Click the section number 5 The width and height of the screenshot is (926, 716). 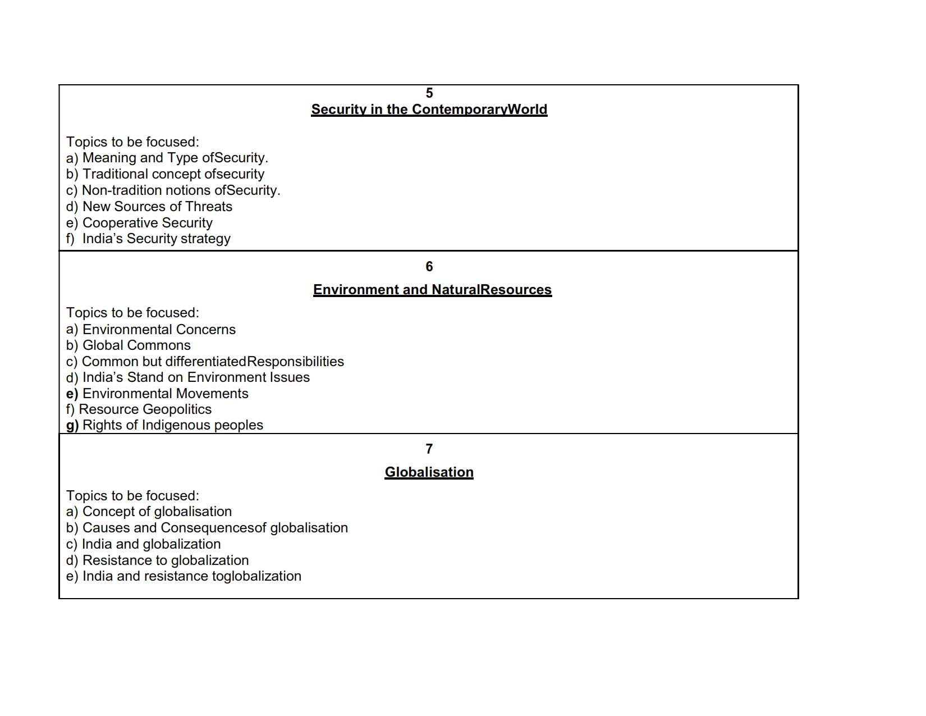click(x=429, y=93)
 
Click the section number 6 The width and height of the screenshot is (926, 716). click(x=429, y=267)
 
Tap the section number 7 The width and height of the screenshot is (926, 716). click(x=429, y=449)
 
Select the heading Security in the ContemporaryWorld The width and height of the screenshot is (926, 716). click(x=429, y=110)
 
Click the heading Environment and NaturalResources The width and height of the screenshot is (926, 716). click(x=432, y=290)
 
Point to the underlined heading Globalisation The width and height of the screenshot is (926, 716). click(x=429, y=472)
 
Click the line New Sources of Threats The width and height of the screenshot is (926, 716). click(x=149, y=207)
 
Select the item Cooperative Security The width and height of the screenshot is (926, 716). click(x=139, y=222)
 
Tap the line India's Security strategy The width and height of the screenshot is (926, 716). click(x=148, y=238)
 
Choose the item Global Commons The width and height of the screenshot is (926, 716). click(x=129, y=345)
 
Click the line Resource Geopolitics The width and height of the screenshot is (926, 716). click(x=139, y=409)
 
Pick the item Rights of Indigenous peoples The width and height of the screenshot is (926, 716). click(x=164, y=425)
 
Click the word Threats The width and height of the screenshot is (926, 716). click(x=209, y=207)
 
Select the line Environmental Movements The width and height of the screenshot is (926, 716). click(x=157, y=393)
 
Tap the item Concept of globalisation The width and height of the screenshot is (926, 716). click(x=149, y=511)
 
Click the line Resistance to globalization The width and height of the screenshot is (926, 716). click(x=157, y=560)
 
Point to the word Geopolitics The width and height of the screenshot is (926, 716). click(x=177, y=409)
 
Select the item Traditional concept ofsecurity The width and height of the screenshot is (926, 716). click(x=166, y=174)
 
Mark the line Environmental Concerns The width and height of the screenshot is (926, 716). click(x=151, y=329)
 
